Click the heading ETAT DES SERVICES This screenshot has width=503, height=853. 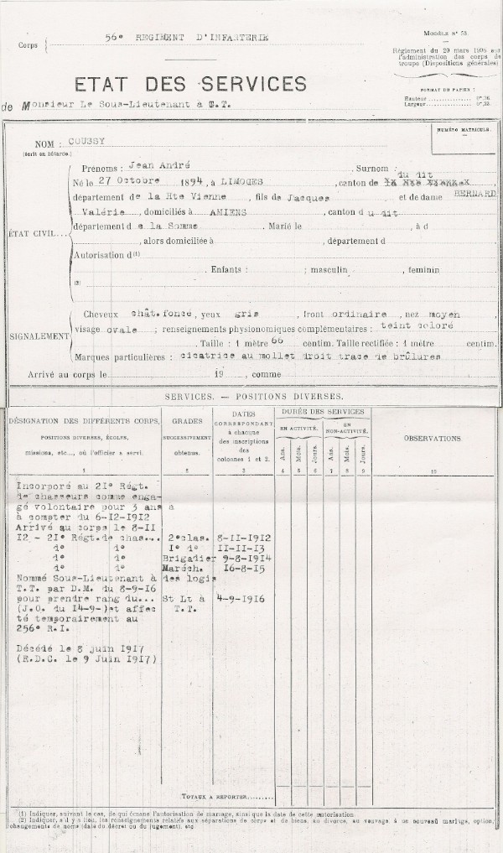[191, 84]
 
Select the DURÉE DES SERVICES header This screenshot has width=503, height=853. [322, 411]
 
